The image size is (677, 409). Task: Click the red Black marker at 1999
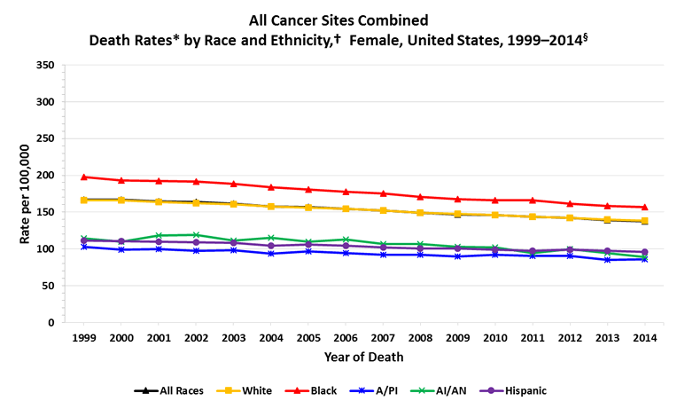pyautogui.click(x=84, y=177)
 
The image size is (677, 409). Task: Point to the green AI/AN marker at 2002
pyautogui.click(x=197, y=235)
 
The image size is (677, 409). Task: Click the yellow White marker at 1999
pyautogui.click(x=84, y=200)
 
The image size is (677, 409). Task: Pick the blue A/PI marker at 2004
pyautogui.click(x=271, y=254)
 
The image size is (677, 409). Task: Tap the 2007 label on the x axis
pyautogui.click(x=384, y=338)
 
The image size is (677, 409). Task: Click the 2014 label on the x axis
pyautogui.click(x=645, y=338)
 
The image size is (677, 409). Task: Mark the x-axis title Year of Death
pyautogui.click(x=363, y=358)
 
